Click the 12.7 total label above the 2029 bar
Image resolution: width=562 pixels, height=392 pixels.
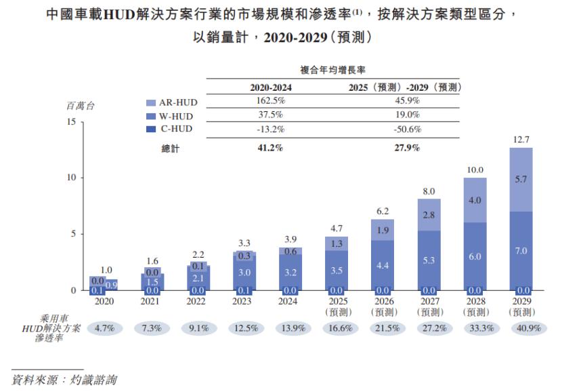(x=521, y=138)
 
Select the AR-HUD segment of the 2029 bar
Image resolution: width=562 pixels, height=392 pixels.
(x=521, y=180)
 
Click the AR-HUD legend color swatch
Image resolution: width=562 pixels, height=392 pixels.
(x=152, y=102)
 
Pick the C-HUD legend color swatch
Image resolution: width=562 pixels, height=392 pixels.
(x=152, y=129)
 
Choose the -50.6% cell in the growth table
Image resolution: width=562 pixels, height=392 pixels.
(x=406, y=129)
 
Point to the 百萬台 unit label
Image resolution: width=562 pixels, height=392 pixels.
(x=81, y=106)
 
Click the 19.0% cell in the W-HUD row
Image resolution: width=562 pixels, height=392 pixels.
(x=406, y=115)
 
